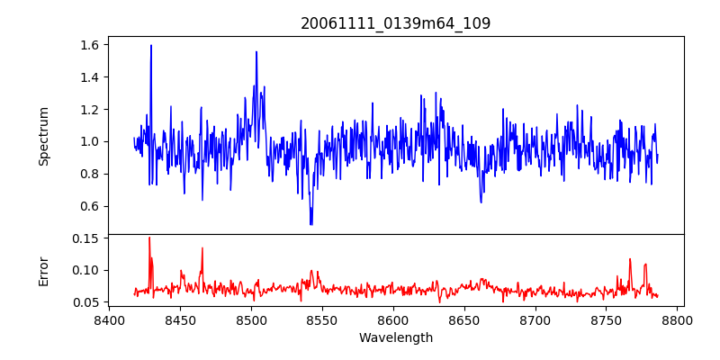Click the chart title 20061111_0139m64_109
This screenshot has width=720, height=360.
pyautogui.click(x=396, y=23)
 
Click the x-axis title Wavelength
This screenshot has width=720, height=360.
pyautogui.click(x=396, y=338)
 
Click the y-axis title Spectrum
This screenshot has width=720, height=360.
pyautogui.click(x=44, y=136)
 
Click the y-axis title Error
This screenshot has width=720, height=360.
pyautogui.click(x=44, y=270)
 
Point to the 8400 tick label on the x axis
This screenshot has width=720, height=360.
pyautogui.click(x=109, y=319)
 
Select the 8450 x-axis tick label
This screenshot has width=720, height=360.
pyautogui.click(x=180, y=319)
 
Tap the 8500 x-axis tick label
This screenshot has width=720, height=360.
pyautogui.click(x=251, y=319)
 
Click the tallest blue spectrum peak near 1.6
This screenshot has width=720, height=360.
pyautogui.click(x=151, y=46)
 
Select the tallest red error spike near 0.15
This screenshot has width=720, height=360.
pyautogui.click(x=149, y=238)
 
